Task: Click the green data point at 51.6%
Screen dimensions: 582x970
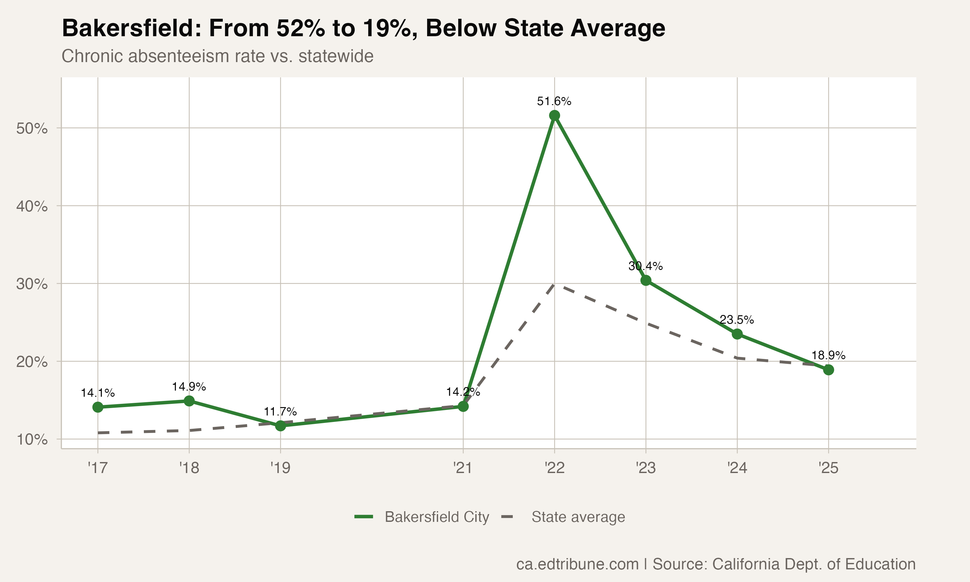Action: [x=555, y=115]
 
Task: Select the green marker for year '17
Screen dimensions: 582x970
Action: [x=98, y=407]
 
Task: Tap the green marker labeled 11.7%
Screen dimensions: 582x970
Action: [x=280, y=426]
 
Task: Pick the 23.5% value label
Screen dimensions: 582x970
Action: [x=737, y=320]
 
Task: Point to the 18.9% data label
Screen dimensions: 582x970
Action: [x=828, y=355]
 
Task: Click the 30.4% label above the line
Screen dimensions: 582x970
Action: [x=645, y=266]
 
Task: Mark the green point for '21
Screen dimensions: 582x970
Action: [x=463, y=406]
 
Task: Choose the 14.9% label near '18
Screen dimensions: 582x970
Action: [x=189, y=387]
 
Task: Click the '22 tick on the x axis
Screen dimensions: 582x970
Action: [x=555, y=468]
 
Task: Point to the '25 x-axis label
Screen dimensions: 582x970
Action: [x=828, y=468]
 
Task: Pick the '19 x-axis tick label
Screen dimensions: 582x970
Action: [x=280, y=468]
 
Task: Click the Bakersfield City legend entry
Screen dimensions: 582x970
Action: [x=436, y=517]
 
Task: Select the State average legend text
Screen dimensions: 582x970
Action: [x=578, y=517]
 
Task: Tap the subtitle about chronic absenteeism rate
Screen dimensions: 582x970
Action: [x=217, y=56]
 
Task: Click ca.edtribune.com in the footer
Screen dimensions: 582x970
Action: [x=577, y=564]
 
